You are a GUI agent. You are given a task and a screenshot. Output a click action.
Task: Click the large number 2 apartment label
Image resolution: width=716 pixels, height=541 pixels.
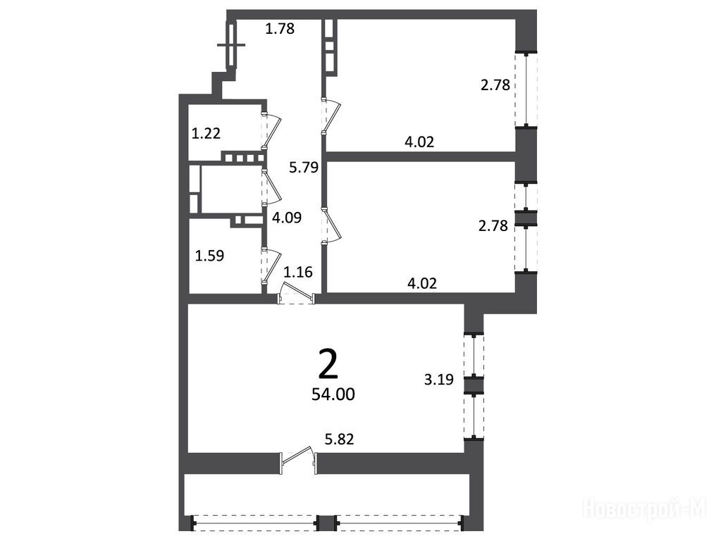pyautogui.click(x=328, y=365)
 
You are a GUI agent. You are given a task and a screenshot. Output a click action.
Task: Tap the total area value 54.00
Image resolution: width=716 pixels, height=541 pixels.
pyautogui.click(x=333, y=394)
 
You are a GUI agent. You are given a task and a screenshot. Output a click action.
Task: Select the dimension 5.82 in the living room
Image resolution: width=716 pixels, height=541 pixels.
pyautogui.click(x=339, y=439)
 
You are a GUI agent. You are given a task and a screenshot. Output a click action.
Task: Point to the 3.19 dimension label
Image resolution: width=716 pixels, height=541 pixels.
pyautogui.click(x=439, y=380)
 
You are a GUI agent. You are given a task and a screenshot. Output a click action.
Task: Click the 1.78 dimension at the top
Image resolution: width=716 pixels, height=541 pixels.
pyautogui.click(x=280, y=29)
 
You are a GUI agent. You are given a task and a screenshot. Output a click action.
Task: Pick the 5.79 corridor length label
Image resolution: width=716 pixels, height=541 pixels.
pyautogui.click(x=304, y=168)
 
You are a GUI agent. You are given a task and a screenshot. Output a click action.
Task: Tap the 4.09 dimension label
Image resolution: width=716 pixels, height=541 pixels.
pyautogui.click(x=287, y=217)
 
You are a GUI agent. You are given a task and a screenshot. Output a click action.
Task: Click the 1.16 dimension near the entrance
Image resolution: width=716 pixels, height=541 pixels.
pyautogui.click(x=298, y=272)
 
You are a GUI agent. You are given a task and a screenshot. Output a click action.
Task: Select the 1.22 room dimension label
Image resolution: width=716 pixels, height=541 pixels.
pyautogui.click(x=206, y=133)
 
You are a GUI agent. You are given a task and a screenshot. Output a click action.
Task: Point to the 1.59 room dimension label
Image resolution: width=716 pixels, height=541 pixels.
pyautogui.click(x=209, y=256)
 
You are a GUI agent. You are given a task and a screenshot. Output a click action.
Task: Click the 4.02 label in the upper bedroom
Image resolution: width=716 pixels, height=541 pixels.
pyautogui.click(x=419, y=142)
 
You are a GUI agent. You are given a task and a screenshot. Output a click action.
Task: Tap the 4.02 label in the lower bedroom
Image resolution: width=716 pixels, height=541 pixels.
pyautogui.click(x=422, y=283)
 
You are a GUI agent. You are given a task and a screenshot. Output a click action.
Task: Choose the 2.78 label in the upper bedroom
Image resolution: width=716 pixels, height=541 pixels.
pyautogui.click(x=495, y=85)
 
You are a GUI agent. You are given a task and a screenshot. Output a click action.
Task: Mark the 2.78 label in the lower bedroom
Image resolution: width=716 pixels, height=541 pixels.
pyautogui.click(x=493, y=225)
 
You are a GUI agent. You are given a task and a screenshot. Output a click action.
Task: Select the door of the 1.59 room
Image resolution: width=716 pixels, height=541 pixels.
pyautogui.click(x=272, y=266)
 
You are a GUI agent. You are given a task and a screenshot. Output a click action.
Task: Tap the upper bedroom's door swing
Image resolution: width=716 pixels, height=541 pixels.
pyautogui.click(x=332, y=116)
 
